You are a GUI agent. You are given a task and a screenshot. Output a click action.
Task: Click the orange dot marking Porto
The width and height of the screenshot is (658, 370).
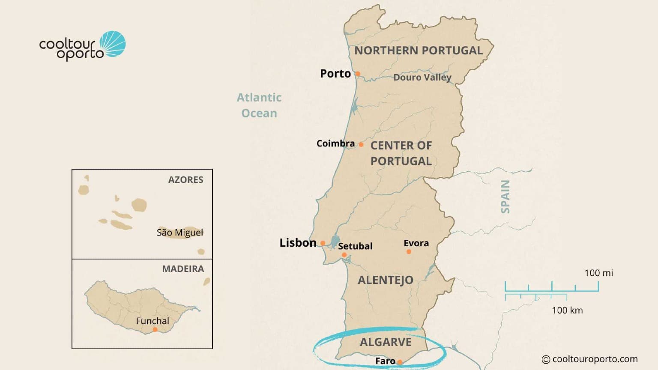point(358,74)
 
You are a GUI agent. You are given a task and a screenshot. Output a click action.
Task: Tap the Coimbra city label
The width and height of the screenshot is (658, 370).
point(335,143)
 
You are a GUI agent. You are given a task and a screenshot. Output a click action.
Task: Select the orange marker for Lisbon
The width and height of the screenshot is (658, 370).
point(323,243)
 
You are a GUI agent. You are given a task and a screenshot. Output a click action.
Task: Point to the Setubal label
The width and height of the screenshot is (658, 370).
point(355,246)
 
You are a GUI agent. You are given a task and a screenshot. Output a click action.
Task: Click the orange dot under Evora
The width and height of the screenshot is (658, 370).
point(409,252)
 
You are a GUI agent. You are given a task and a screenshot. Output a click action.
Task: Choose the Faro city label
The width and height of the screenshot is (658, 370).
point(385,361)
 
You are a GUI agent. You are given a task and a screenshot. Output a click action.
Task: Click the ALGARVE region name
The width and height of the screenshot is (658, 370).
point(386,342)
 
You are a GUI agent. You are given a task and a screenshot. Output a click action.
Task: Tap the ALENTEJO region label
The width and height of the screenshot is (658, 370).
point(386,280)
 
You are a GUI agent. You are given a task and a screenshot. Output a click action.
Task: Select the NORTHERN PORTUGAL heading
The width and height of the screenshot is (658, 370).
point(418,51)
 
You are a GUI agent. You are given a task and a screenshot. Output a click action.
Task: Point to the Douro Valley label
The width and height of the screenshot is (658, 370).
point(422,78)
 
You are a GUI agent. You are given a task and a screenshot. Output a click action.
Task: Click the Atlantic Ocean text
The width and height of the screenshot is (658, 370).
point(259,105)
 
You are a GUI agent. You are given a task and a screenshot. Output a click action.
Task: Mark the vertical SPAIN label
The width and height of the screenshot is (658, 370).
point(505,197)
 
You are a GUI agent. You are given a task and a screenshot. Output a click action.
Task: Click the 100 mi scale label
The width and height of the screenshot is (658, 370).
point(598,273)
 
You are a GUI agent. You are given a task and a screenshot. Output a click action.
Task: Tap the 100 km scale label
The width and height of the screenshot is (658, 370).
point(567,310)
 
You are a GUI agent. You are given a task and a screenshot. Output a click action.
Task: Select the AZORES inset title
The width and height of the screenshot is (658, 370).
point(185,180)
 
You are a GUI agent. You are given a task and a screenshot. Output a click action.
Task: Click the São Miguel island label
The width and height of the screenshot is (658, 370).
point(180,233)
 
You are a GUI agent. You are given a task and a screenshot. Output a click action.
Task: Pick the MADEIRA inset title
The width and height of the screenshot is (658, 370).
point(183,269)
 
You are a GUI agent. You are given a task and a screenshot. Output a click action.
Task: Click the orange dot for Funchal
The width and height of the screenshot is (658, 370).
point(155,329)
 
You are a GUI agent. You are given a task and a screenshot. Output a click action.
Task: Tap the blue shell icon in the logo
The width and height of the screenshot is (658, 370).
point(113,44)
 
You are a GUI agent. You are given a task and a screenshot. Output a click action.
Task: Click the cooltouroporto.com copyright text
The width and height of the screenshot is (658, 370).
point(590,359)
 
